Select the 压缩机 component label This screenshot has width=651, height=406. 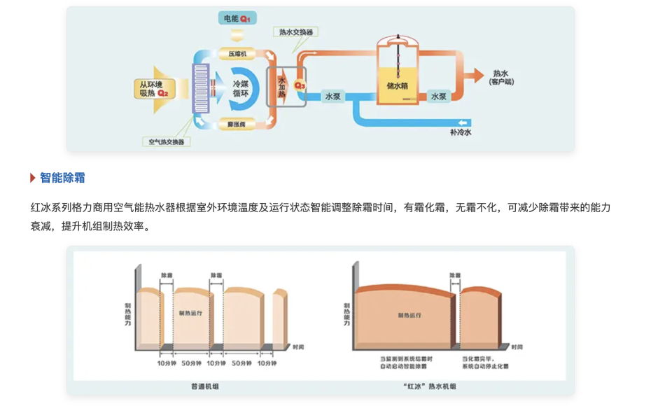click(x=237, y=53)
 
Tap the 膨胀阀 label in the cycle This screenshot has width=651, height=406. click(x=237, y=124)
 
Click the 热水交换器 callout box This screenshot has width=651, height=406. click(x=296, y=32)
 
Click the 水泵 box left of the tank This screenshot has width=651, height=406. click(x=332, y=97)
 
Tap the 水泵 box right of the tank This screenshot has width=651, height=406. click(x=439, y=97)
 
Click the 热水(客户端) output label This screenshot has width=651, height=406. click(x=501, y=77)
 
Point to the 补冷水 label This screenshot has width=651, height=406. click(x=461, y=131)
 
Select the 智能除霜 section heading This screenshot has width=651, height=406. click(x=62, y=178)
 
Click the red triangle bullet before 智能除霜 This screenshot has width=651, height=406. click(x=33, y=178)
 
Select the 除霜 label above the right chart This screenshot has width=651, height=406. click(x=455, y=275)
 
